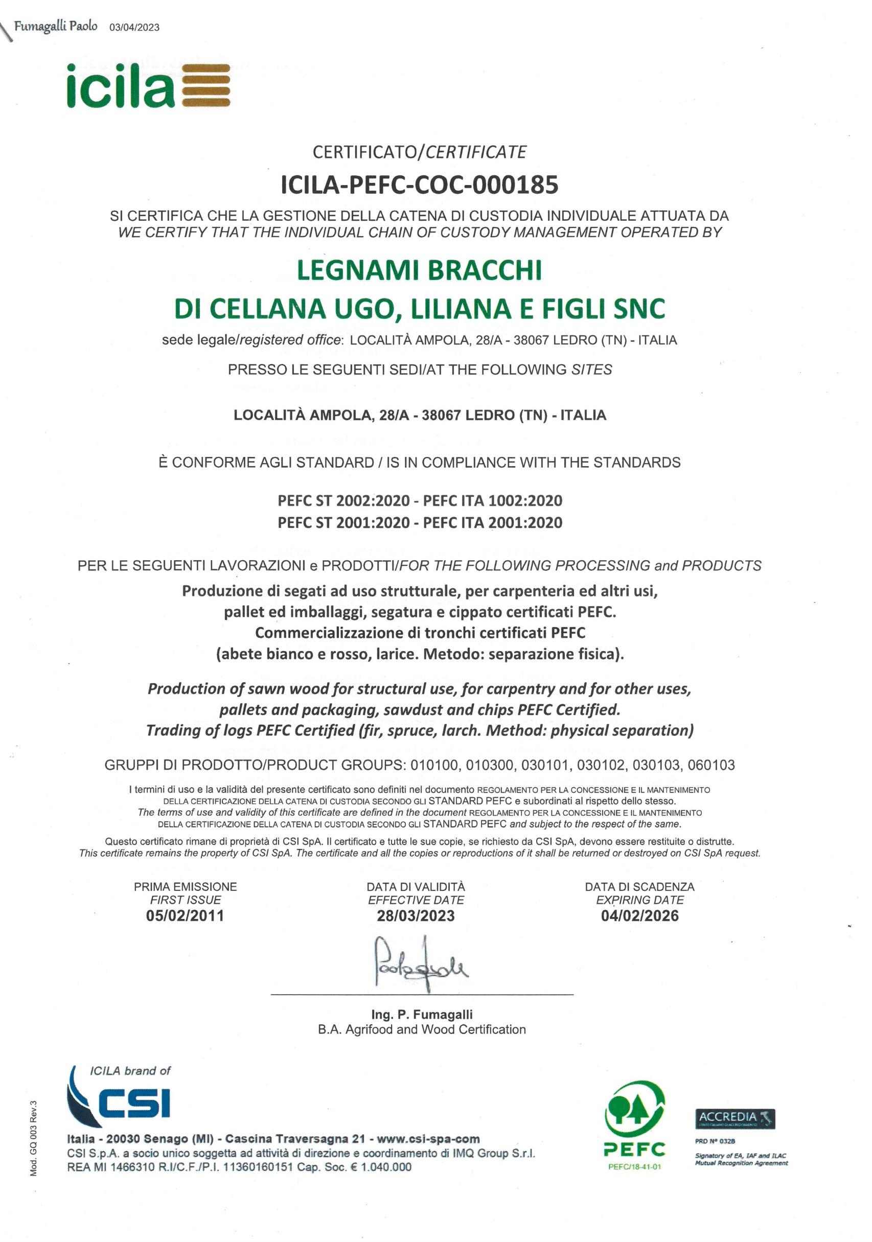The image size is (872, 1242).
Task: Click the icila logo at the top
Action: coord(148,85)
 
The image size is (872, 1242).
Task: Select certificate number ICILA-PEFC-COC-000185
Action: coord(419,185)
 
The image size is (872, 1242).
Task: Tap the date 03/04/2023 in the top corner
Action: coord(134,28)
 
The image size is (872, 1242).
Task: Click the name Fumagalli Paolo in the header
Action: coord(56,26)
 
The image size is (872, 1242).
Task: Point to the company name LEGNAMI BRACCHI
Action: coord(419,270)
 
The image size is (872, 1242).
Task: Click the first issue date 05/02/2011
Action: coord(185,916)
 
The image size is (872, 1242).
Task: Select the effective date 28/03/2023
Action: coord(416,916)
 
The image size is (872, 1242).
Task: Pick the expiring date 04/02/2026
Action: coord(639,916)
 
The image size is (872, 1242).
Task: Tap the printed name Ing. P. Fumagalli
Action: coord(422,1015)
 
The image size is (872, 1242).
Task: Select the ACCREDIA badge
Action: coord(735,1119)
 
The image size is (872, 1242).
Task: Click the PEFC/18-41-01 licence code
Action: coord(634,1167)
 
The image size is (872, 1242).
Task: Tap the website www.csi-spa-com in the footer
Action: coord(428,1139)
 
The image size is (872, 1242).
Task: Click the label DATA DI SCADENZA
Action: coord(639,887)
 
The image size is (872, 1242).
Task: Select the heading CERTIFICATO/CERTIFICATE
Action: coord(419,152)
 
